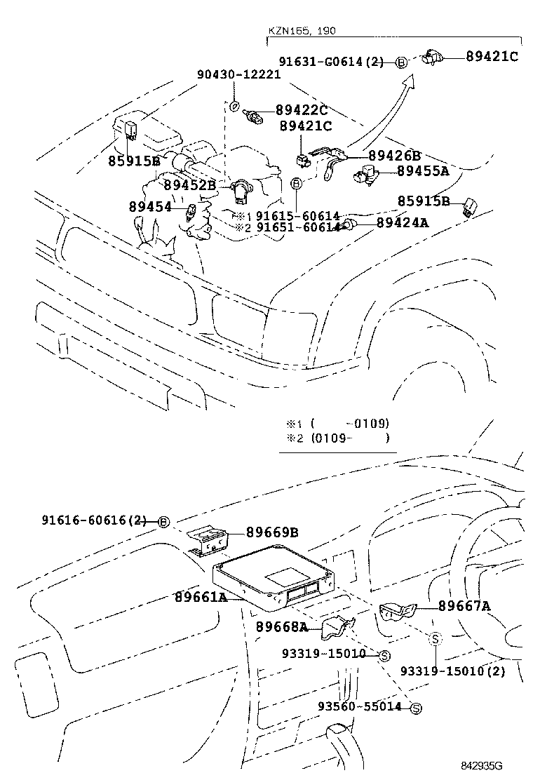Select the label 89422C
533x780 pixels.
[302, 109]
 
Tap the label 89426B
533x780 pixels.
[394, 156]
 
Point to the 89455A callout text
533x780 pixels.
[423, 170]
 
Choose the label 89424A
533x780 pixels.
[403, 223]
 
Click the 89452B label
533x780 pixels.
[189, 185]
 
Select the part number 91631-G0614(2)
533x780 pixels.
[331, 62]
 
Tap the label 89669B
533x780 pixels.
[272, 532]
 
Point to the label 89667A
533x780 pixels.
[464, 606]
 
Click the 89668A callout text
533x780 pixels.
[281, 626]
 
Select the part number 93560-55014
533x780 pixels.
[360, 707]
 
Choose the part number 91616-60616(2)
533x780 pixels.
[94, 520]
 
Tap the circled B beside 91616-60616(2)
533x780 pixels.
[163, 522]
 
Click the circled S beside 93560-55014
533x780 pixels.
[414, 708]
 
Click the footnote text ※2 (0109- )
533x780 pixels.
[337, 438]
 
